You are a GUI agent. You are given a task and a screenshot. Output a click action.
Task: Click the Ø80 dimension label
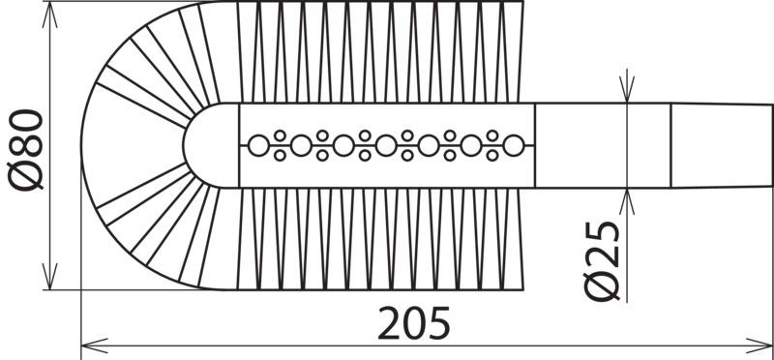point(26,150)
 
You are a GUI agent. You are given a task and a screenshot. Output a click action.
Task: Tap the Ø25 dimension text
point(601,260)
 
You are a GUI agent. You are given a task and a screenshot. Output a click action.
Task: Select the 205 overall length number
point(414,323)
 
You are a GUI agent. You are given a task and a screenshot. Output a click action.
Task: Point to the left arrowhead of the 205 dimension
point(94,345)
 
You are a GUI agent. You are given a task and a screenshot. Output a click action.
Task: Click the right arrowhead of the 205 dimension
point(760,345)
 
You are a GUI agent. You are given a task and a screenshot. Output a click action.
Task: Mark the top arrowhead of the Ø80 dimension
point(50,15)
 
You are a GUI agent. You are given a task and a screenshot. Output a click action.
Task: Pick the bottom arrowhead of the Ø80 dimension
point(50,277)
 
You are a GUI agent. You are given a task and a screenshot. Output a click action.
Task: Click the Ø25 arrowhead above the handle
point(627,89)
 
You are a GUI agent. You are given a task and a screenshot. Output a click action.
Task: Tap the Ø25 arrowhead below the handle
point(627,202)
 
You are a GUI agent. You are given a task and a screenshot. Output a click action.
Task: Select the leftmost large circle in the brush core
point(258,146)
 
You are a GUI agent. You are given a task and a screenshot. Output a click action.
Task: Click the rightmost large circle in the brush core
point(514,146)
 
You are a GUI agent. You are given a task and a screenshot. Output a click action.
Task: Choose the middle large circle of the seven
point(386,146)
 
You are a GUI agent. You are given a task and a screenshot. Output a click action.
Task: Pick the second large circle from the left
point(301,146)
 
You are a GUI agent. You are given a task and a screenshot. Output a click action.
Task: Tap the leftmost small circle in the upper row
point(280,135)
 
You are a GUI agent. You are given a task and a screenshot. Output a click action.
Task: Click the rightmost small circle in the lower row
point(492,156)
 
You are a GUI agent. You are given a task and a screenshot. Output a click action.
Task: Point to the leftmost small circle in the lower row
point(280,156)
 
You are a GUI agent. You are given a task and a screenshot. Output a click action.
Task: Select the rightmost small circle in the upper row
point(492,135)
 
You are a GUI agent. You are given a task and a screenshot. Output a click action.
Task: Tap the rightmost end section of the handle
point(722,146)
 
